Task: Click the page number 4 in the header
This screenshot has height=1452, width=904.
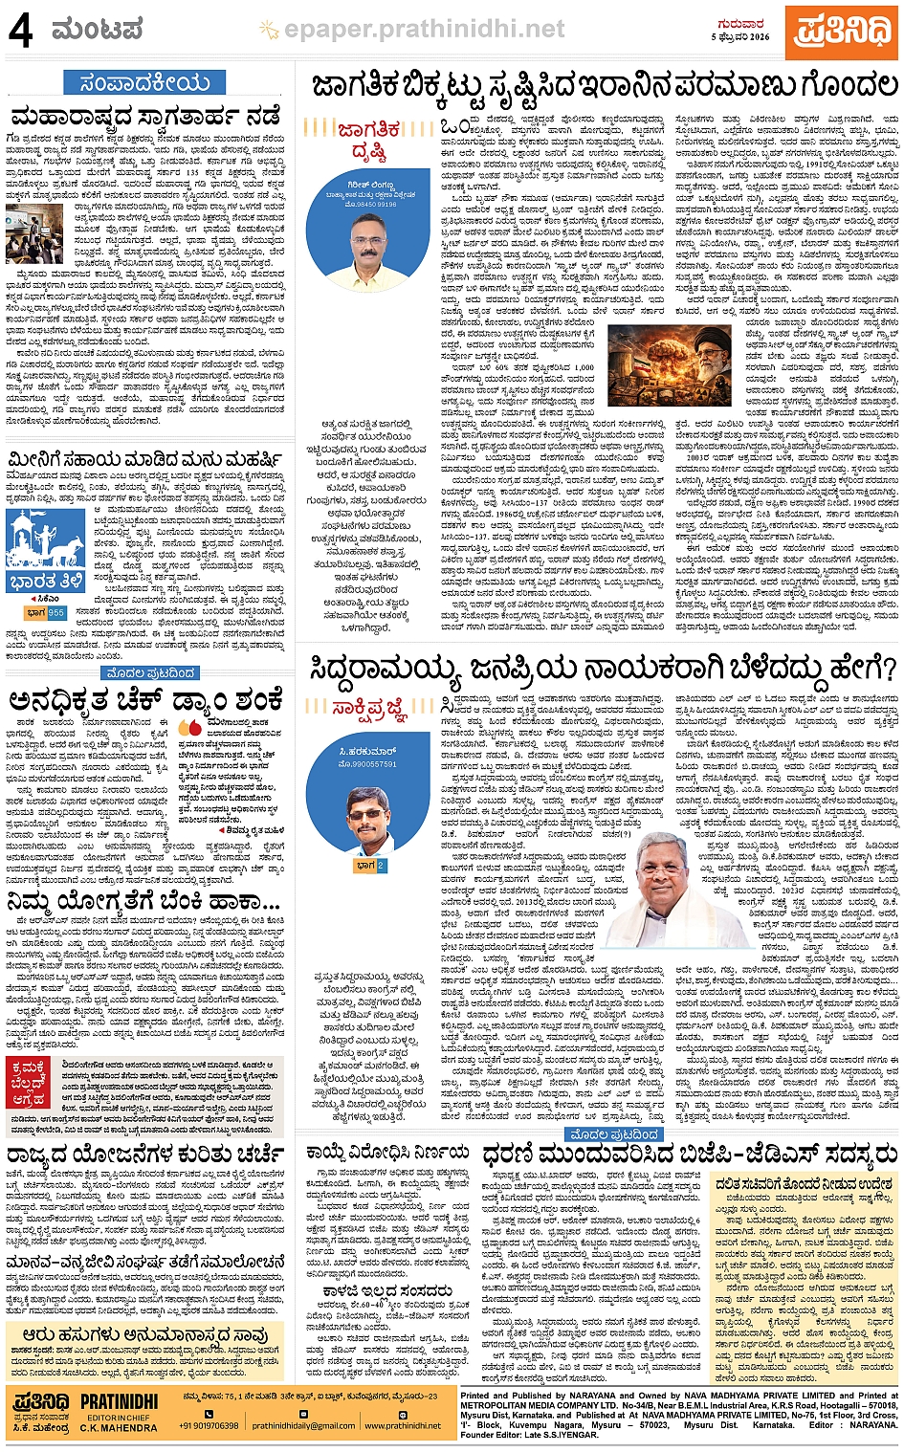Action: tap(20, 32)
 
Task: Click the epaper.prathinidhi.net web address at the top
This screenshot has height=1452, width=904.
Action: tap(424, 31)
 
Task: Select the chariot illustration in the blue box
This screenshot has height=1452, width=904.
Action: tap(45, 544)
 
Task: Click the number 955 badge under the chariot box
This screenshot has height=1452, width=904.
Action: tap(56, 613)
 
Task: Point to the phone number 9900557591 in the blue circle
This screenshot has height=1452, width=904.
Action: tap(368, 764)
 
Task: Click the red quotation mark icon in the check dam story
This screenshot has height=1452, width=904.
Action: tap(188, 729)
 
